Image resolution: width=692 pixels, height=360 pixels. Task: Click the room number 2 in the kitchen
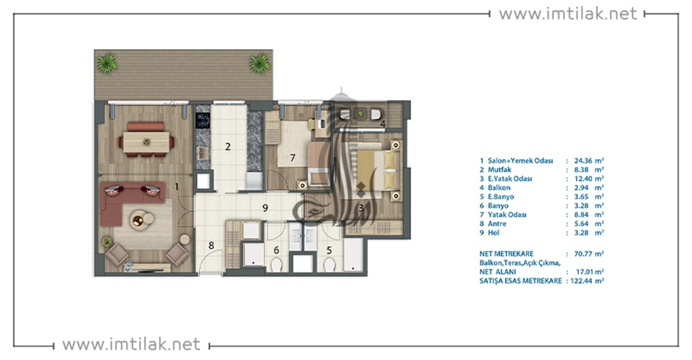tap(228, 147)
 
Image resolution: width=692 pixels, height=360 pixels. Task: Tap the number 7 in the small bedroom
tap(292, 158)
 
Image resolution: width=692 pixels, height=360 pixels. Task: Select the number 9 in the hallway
tap(265, 208)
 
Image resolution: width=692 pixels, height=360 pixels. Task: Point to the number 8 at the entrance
tap(211, 246)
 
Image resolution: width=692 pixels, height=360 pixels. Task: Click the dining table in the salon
tap(146, 142)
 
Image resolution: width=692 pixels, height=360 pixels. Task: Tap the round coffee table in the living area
tap(138, 220)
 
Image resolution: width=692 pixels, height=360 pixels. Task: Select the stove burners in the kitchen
tap(203, 121)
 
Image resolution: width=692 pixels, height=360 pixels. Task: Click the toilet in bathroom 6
tap(276, 265)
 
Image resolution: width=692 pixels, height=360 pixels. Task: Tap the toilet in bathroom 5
tap(330, 265)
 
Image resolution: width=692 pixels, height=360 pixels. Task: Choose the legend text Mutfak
tap(500, 170)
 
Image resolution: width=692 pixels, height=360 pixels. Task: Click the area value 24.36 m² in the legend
tap(589, 161)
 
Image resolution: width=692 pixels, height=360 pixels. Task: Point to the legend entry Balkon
tap(499, 187)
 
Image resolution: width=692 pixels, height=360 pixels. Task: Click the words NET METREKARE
tap(506, 254)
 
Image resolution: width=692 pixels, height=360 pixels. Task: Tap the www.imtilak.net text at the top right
tap(568, 14)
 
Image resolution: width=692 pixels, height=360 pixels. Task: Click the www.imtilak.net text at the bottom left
tap(131, 344)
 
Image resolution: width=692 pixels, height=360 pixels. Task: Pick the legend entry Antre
tap(497, 224)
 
